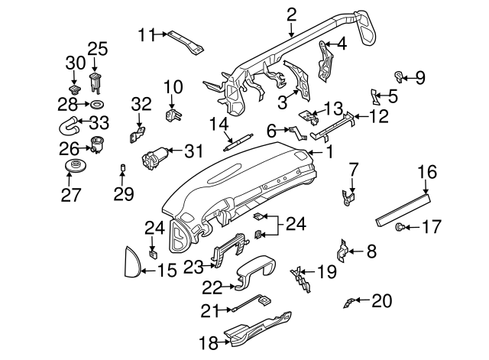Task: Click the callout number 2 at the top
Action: pos(291,14)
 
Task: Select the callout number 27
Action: pos(70,195)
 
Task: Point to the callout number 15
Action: pos(167,269)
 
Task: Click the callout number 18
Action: pos(209,343)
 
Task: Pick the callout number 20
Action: pos(380,300)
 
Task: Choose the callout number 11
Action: pos(147,34)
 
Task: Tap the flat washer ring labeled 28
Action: pos(97,103)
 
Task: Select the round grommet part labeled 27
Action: pos(75,167)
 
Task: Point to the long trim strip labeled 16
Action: pos(405,206)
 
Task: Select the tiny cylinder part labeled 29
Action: pos(121,167)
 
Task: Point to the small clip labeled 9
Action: pos(399,75)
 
